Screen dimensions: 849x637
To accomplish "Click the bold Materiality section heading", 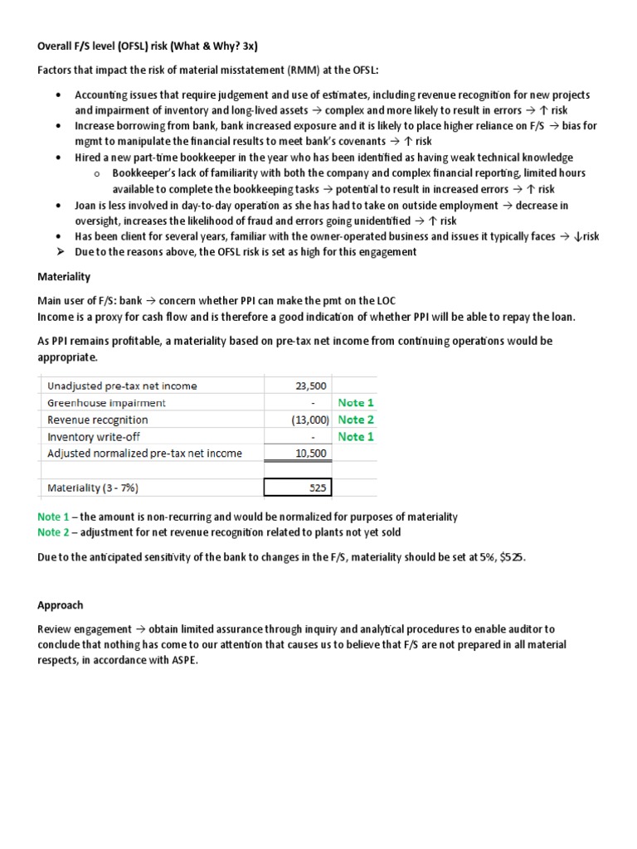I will click(64, 276).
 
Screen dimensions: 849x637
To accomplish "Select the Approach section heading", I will click(61, 605).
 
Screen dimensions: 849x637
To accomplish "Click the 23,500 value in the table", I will click(311, 386).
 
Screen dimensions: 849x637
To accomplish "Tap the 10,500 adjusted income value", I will click(311, 454).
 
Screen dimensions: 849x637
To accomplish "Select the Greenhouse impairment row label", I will click(106, 403).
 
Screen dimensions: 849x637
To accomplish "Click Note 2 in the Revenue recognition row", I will click(356, 420).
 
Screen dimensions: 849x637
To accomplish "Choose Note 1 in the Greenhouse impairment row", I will click(356, 403).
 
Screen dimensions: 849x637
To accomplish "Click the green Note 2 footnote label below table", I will click(54, 532).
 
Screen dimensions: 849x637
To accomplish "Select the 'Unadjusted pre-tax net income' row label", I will click(123, 386).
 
